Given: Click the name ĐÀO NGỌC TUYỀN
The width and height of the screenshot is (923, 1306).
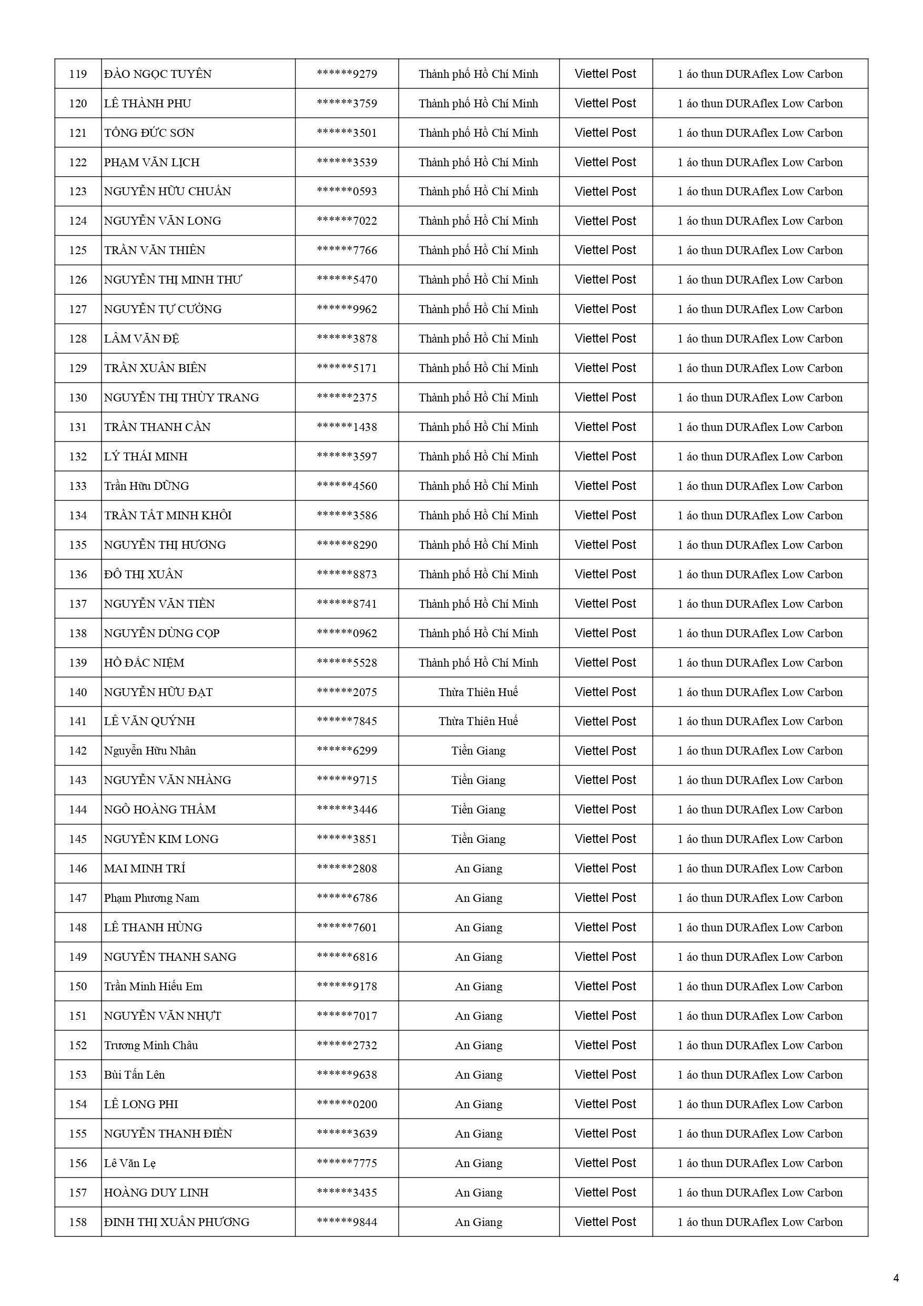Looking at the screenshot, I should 158,74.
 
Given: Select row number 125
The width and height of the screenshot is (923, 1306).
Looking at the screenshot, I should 78,250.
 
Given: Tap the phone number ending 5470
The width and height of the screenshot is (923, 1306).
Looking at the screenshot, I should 347,280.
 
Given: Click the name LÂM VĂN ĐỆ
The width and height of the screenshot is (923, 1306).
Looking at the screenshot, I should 141,339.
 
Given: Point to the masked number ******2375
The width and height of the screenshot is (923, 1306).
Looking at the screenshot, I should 347,398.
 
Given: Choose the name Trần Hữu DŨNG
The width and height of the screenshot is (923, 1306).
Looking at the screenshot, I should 146,486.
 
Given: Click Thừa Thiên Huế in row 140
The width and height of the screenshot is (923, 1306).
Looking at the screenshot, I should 478,692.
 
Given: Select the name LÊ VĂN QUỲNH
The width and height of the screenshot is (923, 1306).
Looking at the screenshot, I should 149,721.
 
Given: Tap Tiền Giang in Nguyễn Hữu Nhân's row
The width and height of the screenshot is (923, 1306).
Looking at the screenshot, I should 478,751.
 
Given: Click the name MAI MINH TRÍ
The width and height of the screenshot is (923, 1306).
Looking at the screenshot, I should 145,869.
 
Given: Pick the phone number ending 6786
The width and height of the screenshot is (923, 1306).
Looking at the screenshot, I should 347,898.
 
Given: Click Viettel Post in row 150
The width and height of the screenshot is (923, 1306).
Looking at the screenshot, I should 605,986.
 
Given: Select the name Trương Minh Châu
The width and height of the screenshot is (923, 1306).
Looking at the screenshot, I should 151,1046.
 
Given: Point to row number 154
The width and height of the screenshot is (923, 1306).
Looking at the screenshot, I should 78,1104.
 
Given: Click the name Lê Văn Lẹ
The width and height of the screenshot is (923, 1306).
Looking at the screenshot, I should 130,1163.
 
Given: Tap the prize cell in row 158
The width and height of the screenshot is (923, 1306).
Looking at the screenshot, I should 760,1222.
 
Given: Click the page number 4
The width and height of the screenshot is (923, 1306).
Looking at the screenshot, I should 896,1278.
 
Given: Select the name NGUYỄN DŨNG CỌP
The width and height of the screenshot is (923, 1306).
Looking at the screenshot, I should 161,634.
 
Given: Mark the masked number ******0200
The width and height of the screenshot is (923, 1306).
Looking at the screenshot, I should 347,1104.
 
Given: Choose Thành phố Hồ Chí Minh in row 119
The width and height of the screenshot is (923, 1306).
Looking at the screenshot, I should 478,74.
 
